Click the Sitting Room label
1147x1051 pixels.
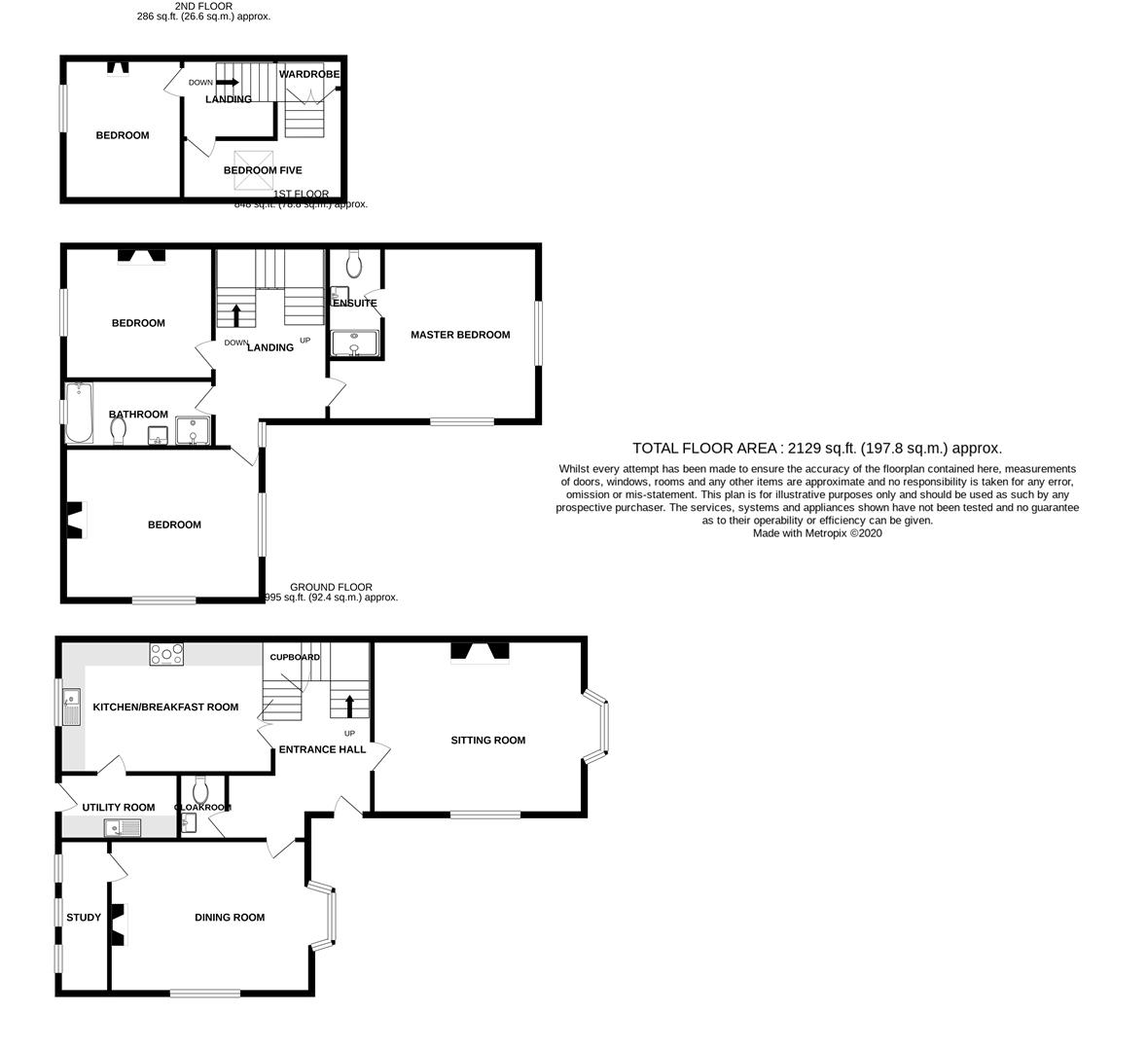pyautogui.click(x=487, y=740)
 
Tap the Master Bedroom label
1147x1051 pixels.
pyautogui.click(x=459, y=335)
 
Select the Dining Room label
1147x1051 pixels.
pyautogui.click(x=230, y=917)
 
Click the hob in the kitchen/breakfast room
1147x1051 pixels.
pyautogui.click(x=166, y=655)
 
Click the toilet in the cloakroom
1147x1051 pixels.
pyautogui.click(x=201, y=786)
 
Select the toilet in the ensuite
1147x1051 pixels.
pyautogui.click(x=354, y=262)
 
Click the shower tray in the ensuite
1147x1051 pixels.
pyautogui.click(x=355, y=344)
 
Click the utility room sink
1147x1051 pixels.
pyautogui.click(x=123, y=828)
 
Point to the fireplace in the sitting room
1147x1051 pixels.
pyautogui.click(x=480, y=652)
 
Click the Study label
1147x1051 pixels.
pyautogui.click(x=84, y=917)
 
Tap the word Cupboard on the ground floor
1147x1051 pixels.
pyautogui.click(x=295, y=657)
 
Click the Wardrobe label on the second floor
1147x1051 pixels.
pyautogui.click(x=309, y=74)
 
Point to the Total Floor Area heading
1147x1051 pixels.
pyautogui.click(x=816, y=448)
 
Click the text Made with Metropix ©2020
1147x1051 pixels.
pyautogui.click(x=816, y=532)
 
